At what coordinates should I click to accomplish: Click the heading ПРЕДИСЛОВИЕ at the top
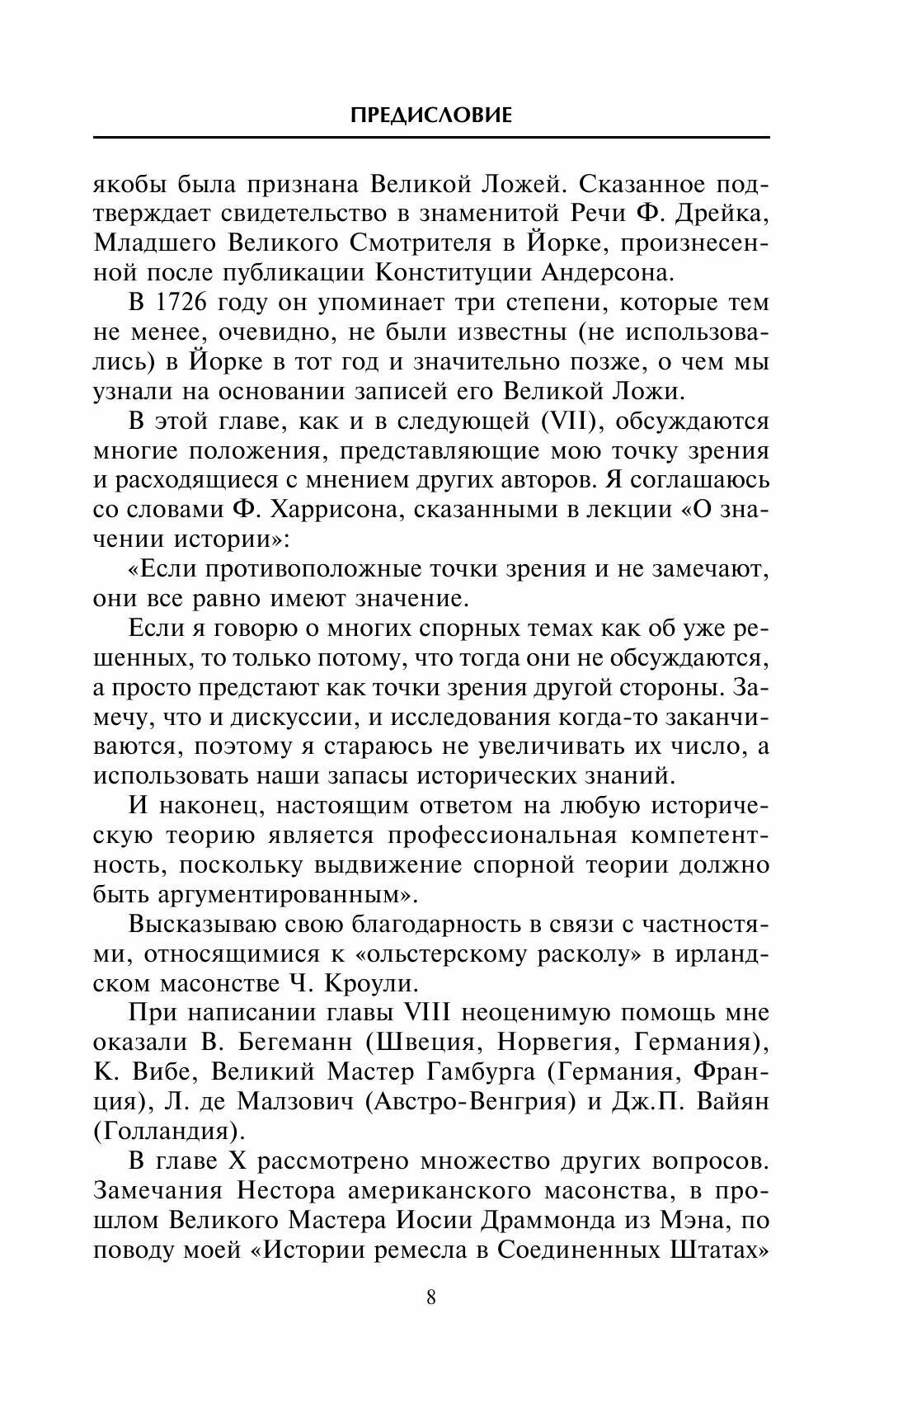point(430,115)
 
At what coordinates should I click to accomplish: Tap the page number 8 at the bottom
point(431,1297)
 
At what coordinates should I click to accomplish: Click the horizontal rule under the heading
point(430,137)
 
